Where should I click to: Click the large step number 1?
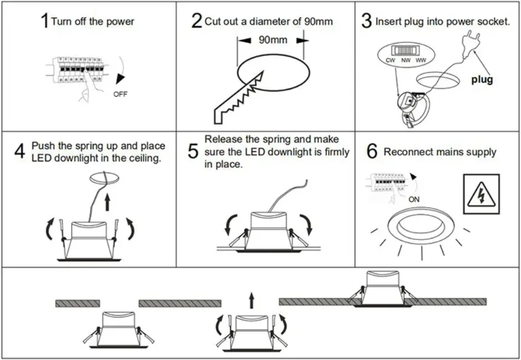[44, 22]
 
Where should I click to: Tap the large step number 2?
[196, 21]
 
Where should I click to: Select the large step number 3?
[366, 22]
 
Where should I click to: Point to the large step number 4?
[20, 151]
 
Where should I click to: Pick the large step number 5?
[193, 151]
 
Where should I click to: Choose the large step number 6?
[373, 151]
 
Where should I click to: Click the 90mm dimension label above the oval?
[273, 40]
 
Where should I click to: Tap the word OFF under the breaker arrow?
[120, 94]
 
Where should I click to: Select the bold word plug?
[482, 80]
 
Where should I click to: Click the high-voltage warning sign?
[481, 193]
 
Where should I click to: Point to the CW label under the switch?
[390, 60]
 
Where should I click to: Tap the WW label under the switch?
[421, 60]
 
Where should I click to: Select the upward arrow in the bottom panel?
[251, 301]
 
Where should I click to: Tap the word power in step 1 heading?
[120, 22]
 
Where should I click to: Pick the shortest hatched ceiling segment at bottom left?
[78, 303]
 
